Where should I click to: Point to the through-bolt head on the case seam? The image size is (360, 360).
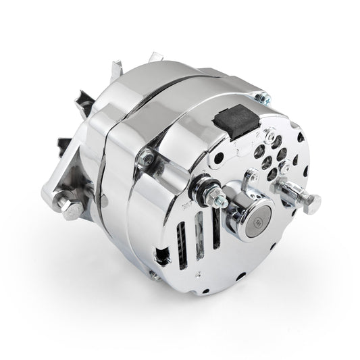click(x=145, y=159)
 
